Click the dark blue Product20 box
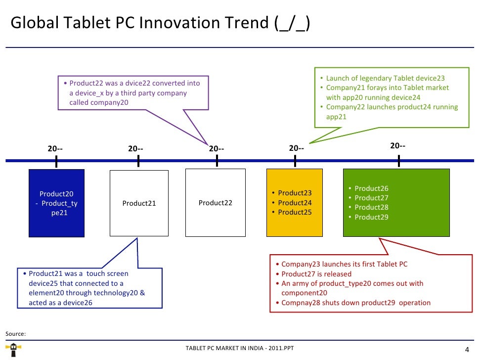56,203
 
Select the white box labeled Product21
138,203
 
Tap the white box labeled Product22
215,203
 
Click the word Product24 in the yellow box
295,203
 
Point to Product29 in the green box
371,217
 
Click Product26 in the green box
371,188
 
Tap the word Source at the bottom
15,334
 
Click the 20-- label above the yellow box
296,148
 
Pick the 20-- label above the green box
398,146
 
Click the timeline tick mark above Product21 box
138,161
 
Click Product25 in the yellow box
295,212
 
